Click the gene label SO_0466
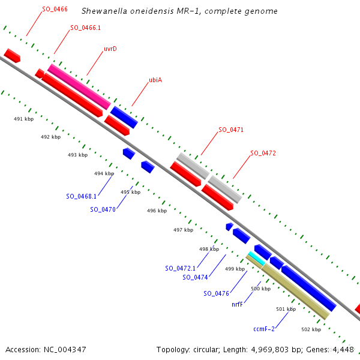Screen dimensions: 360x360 [x=55, y=10]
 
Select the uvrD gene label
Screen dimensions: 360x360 [x=110, y=49]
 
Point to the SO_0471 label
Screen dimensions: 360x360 [x=230, y=130]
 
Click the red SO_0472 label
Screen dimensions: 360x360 [x=263, y=153]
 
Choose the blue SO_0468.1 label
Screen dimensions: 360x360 [x=82, y=196]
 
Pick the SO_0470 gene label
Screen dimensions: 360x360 [x=103, y=209]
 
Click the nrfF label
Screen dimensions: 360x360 [x=237, y=304]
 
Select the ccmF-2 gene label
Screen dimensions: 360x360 [x=263, y=329]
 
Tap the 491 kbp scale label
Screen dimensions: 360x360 [x=23, y=119]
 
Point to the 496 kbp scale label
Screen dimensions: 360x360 [x=157, y=211]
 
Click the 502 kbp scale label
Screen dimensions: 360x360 [x=311, y=329]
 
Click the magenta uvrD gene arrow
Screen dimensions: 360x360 [x=79, y=86]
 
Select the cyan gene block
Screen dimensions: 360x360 [x=256, y=259]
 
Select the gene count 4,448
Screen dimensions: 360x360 [x=343, y=349]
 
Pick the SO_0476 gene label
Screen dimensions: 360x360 [x=216, y=293]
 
